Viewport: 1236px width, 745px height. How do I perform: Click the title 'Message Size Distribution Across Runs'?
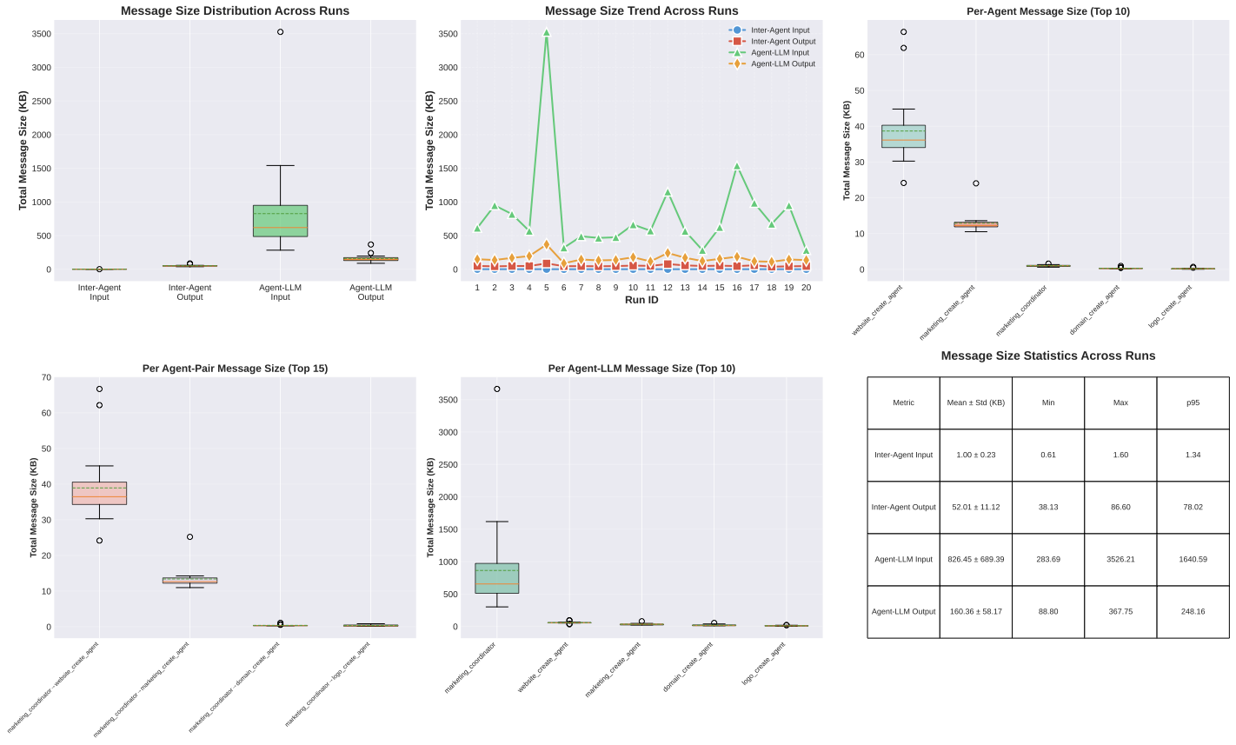coord(235,11)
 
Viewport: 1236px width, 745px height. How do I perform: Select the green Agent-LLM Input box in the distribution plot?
coord(280,220)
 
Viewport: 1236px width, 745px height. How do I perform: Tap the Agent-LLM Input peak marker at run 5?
coord(546,32)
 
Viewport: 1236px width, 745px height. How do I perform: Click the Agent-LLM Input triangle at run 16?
coord(737,166)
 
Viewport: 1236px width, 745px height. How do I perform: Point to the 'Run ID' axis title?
coord(641,300)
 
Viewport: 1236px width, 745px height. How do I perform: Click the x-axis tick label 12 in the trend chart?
coord(668,287)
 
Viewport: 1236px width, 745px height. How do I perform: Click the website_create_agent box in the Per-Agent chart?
coord(903,136)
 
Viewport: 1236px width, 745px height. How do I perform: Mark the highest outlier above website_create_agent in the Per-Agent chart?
coord(903,32)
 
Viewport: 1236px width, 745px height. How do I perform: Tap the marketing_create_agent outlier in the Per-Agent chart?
coord(975,183)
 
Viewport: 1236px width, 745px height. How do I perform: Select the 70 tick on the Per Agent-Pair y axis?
coord(46,377)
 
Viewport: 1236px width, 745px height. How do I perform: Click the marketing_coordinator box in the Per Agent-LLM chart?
coord(496,578)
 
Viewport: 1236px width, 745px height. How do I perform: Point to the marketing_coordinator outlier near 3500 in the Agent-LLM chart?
coord(496,389)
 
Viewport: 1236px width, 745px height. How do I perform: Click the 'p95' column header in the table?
coord(1193,402)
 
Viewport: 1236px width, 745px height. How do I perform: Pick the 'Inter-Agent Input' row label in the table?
coord(903,455)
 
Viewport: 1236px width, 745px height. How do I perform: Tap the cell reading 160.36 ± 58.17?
coord(975,611)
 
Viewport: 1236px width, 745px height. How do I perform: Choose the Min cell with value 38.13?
coord(1047,507)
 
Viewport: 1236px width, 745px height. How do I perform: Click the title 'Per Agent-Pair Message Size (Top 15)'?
coord(235,369)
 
